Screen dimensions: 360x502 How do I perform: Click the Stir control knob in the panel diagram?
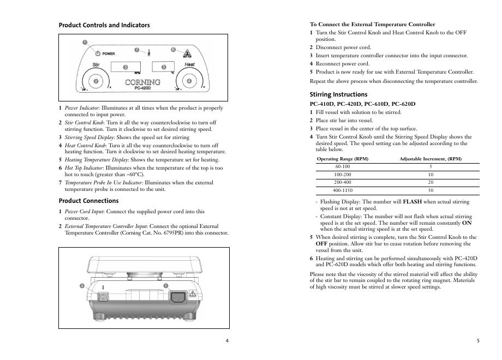pyautogui.click(x=96, y=82)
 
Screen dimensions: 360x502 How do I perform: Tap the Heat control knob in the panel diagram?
pyautogui.click(x=189, y=82)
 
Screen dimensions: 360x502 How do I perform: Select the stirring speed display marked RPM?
pyautogui.click(x=125, y=67)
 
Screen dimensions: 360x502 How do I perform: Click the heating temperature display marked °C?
pyautogui.click(x=163, y=67)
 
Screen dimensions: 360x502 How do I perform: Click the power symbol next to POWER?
pyautogui.click(x=97, y=53)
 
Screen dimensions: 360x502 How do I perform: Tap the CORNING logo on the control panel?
pyautogui.click(x=142, y=82)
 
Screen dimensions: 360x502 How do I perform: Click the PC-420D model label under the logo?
pyautogui.click(x=142, y=88)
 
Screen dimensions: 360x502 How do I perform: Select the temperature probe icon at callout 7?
pyautogui.click(x=147, y=53)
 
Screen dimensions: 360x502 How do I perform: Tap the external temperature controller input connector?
pyautogui.click(x=101, y=297)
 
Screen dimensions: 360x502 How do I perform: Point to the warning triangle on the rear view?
pyautogui.click(x=193, y=293)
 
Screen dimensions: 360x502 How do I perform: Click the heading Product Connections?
pyautogui.click(x=88, y=201)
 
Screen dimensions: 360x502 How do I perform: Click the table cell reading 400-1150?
pyautogui.click(x=343, y=190)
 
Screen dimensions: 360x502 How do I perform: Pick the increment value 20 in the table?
pyautogui.click(x=431, y=182)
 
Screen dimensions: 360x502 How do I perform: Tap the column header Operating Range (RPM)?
pyautogui.click(x=343, y=159)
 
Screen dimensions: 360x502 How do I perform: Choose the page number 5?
pyautogui.click(x=478, y=341)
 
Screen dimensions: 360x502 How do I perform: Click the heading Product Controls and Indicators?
pyautogui.click(x=104, y=25)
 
